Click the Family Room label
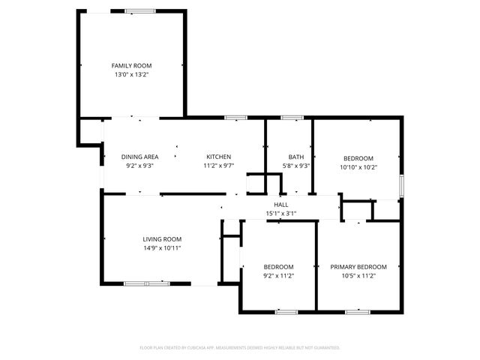coord(132,66)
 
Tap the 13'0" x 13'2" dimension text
coord(132,75)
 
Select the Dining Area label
coord(139,157)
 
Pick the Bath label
coord(295,157)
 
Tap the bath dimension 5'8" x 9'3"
coord(295,166)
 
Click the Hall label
coord(281,205)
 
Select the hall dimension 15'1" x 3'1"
coord(281,214)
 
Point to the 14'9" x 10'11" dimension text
coord(163,247)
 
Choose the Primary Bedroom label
coord(358,267)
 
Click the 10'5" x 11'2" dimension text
coord(358,276)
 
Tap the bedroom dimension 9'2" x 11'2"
coord(278,276)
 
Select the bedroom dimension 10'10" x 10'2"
coord(358,166)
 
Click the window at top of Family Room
coord(140,10)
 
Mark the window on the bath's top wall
coord(292,118)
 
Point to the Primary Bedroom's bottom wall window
coord(357,311)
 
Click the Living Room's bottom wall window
coord(147,283)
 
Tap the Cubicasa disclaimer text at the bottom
coord(240,347)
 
